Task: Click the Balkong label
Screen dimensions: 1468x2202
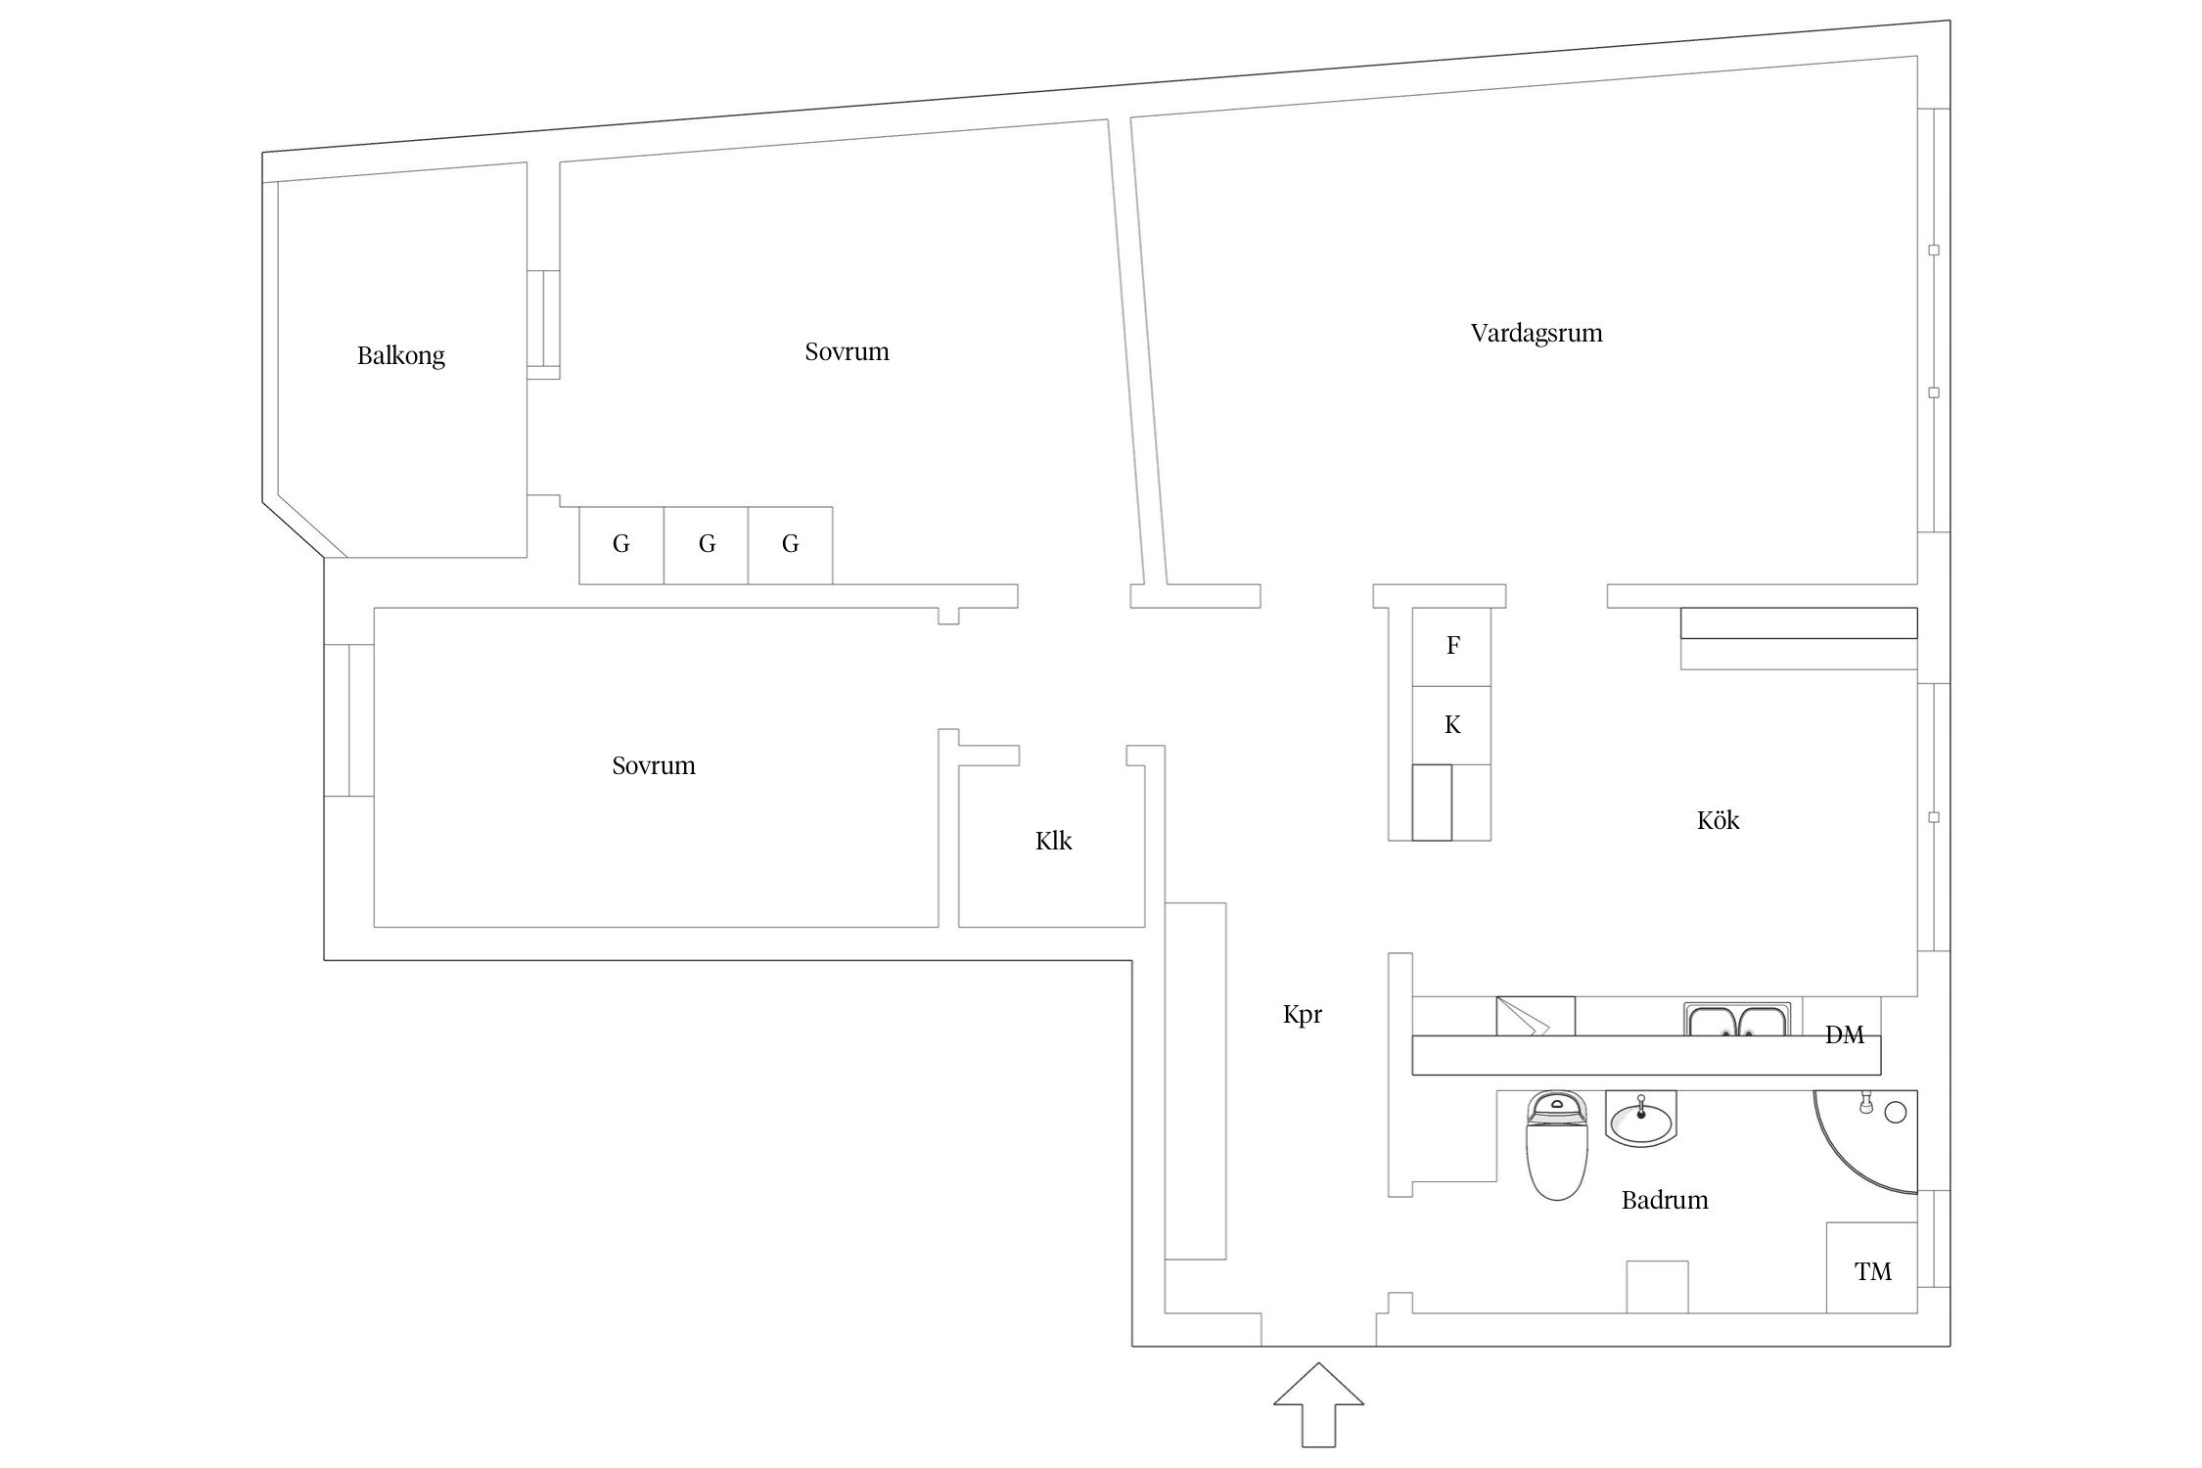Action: [x=400, y=355]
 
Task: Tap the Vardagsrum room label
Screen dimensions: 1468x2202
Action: [x=1536, y=334]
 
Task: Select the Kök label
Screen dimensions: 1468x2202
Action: [x=1718, y=820]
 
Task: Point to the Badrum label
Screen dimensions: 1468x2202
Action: [x=1664, y=1200]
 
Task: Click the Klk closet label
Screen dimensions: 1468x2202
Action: [x=1053, y=841]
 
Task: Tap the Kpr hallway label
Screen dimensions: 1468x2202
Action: [x=1302, y=1014]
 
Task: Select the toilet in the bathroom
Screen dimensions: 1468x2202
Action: [x=1556, y=1145]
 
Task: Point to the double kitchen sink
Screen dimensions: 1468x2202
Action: [x=1737, y=1020]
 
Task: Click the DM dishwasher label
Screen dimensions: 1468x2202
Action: [x=1844, y=1035]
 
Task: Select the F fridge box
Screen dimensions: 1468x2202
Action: [x=1452, y=646]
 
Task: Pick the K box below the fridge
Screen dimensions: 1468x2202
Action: [x=1452, y=725]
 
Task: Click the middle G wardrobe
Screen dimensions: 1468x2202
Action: [x=706, y=545]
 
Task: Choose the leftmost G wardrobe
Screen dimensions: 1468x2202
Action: [x=620, y=545]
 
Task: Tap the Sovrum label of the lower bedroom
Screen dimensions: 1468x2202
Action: [x=653, y=765]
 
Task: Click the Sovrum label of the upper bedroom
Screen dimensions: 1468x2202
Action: [x=847, y=352]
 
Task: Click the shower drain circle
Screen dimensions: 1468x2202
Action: [x=1896, y=1112]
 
